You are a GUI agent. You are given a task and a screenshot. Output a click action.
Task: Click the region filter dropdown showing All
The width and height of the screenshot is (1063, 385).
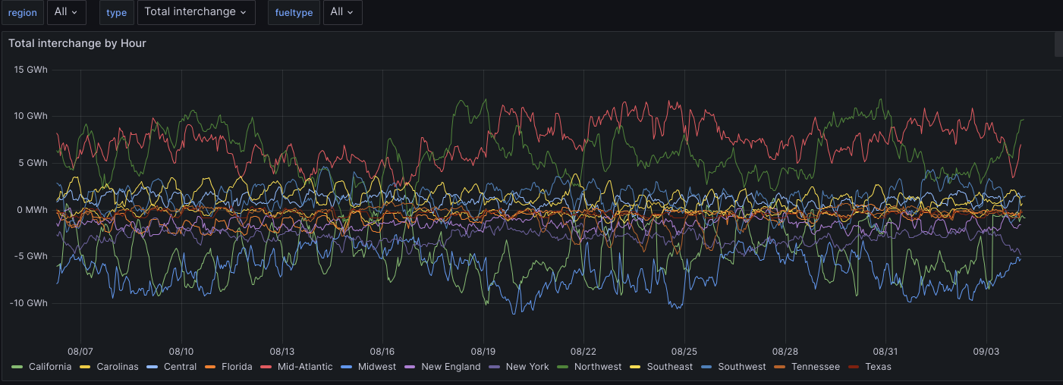66,12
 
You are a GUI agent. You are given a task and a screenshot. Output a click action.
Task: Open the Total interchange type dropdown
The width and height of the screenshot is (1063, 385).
196,12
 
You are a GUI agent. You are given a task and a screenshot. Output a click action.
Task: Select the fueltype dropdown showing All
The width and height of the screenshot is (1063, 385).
342,12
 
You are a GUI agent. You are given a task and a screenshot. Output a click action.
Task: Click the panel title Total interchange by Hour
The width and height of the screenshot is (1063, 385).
77,43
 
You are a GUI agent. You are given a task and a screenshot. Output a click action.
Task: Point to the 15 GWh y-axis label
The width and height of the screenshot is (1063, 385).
31,70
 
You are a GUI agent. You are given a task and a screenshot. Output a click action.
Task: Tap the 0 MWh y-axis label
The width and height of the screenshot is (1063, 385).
30,210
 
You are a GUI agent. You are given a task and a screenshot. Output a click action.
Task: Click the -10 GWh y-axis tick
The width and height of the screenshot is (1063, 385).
29,303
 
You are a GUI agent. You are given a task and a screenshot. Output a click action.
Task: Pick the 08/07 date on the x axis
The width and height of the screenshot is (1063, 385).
80,352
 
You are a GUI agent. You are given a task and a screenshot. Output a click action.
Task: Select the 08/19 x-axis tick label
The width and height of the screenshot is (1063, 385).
483,352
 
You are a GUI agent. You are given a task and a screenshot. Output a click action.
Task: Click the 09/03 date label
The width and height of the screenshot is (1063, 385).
986,352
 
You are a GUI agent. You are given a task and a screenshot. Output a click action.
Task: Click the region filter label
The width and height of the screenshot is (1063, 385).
22,13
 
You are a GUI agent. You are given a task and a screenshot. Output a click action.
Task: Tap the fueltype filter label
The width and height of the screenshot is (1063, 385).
294,13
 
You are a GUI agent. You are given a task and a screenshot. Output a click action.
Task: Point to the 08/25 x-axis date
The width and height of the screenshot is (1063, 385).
684,352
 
